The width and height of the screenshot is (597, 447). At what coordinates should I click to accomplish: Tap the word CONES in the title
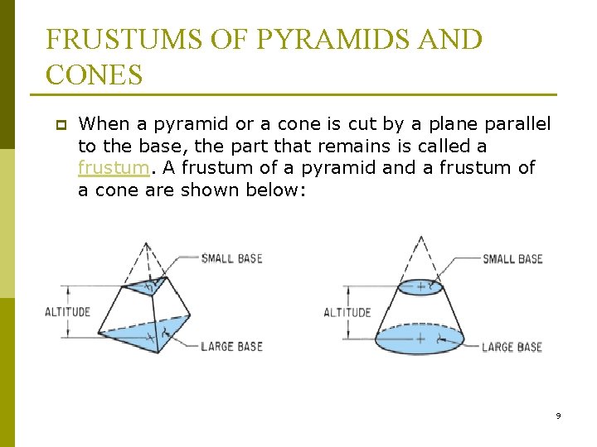[x=95, y=74]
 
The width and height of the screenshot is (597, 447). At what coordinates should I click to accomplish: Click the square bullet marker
[x=61, y=125]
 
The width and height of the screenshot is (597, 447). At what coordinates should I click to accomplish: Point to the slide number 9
[x=558, y=416]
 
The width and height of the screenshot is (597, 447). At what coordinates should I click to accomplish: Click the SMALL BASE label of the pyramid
[x=231, y=258]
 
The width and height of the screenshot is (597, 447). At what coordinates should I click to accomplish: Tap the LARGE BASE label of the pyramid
[x=231, y=346]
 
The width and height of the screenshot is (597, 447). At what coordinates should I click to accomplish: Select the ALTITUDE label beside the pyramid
[x=67, y=312]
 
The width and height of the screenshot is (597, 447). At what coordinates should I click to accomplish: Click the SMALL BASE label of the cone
[x=512, y=259]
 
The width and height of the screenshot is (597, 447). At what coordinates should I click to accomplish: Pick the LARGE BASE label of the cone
[x=512, y=347]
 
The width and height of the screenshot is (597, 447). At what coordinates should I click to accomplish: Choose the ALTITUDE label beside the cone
[x=347, y=312]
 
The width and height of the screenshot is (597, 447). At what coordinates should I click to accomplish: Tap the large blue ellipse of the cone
[x=422, y=339]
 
